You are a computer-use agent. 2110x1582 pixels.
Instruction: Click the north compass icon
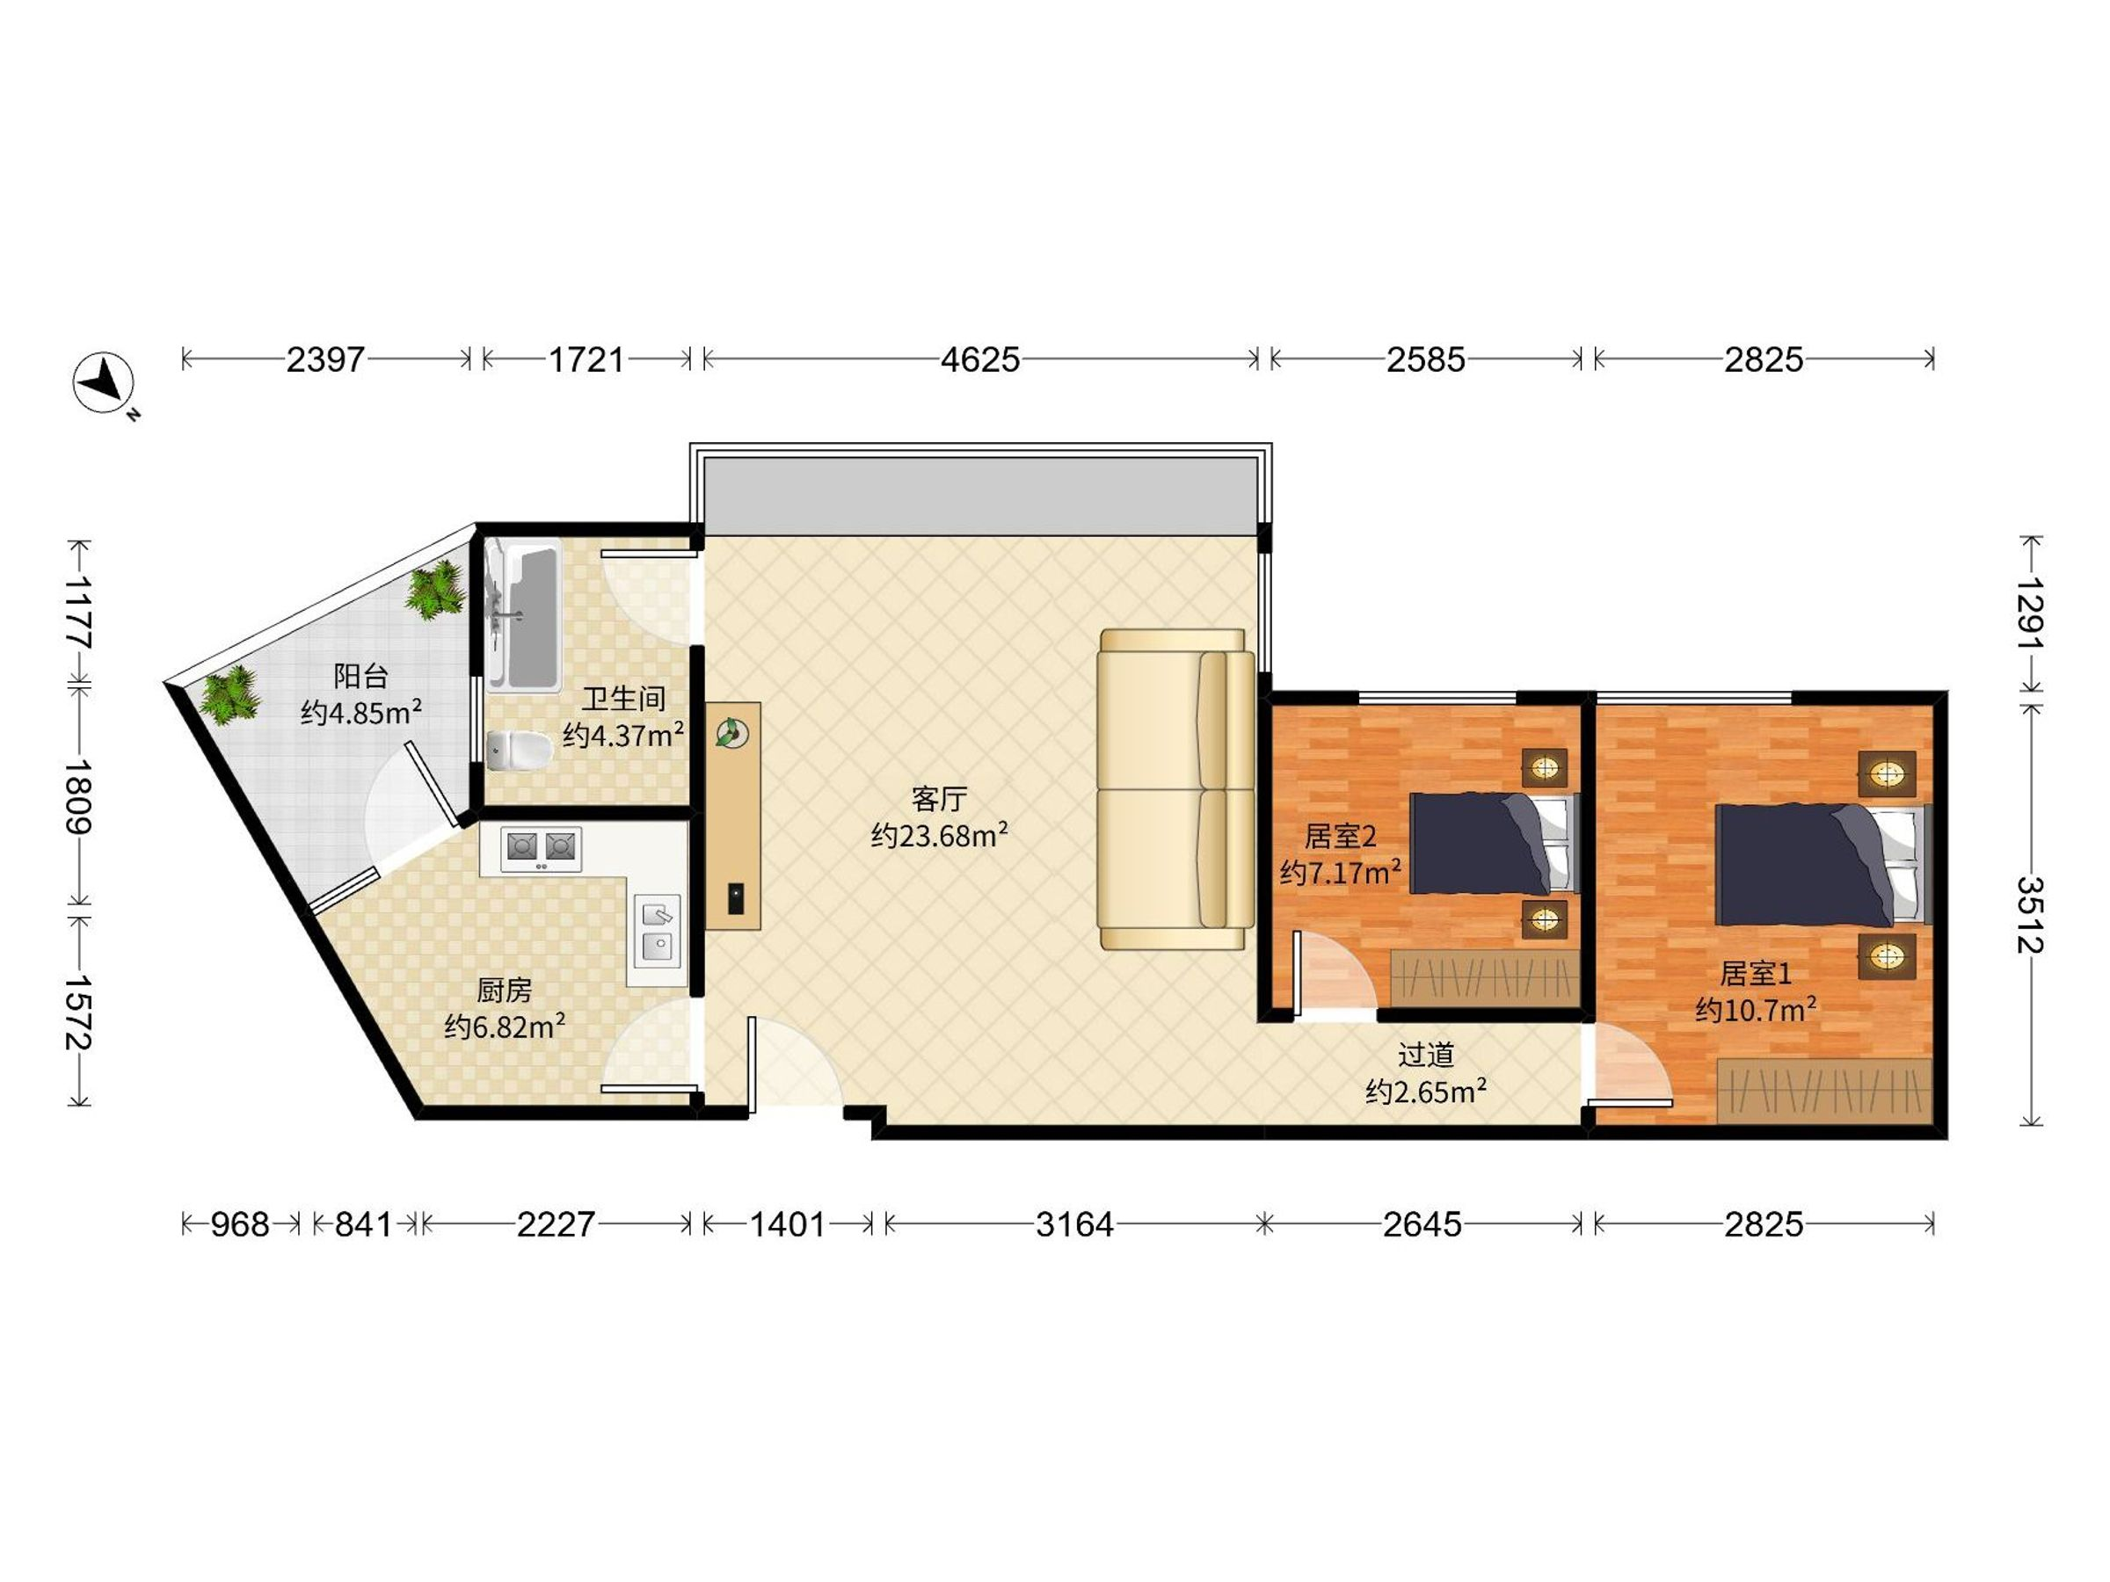click(104, 383)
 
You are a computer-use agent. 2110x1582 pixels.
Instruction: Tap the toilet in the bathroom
click(519, 751)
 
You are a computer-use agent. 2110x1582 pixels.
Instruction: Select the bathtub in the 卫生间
click(523, 615)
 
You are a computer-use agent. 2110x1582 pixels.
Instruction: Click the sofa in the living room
click(1176, 788)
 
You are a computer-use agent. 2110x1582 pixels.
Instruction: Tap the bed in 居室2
click(1494, 843)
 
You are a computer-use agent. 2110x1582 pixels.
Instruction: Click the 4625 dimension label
click(979, 359)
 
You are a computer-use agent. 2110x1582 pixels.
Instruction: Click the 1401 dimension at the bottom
click(787, 1223)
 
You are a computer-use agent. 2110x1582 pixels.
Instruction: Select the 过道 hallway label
click(1426, 1055)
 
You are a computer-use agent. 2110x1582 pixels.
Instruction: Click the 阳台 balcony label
click(360, 676)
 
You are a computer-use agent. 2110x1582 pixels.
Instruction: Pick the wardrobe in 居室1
click(1825, 1090)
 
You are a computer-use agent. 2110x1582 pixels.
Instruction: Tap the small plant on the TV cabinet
click(731, 733)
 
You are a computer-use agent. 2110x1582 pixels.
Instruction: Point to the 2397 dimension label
click(325, 359)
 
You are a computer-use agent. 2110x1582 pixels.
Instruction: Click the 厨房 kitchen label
click(504, 991)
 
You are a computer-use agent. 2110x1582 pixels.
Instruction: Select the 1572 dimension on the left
click(78, 1012)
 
